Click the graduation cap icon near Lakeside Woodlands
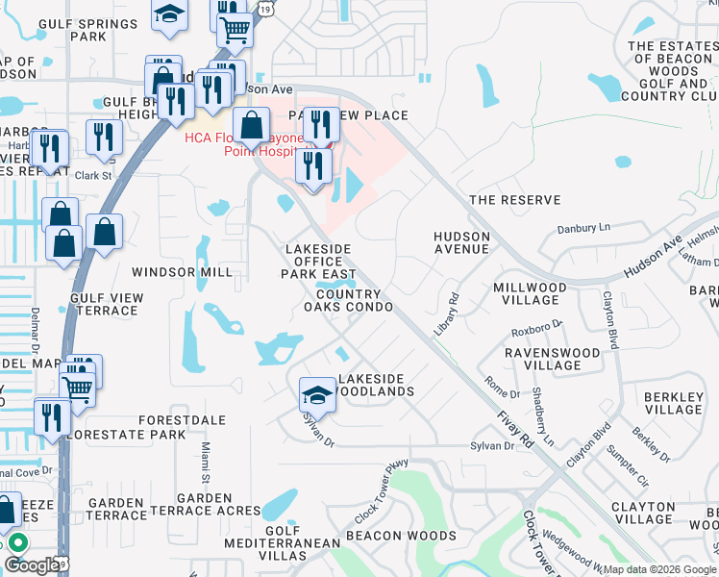[x=317, y=394]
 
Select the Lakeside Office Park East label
[x=317, y=261]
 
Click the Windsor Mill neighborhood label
[x=182, y=272]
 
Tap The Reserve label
[x=513, y=200]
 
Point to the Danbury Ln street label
[x=583, y=229]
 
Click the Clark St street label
[x=94, y=176]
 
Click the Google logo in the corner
[x=31, y=565]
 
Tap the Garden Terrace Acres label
[x=204, y=504]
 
